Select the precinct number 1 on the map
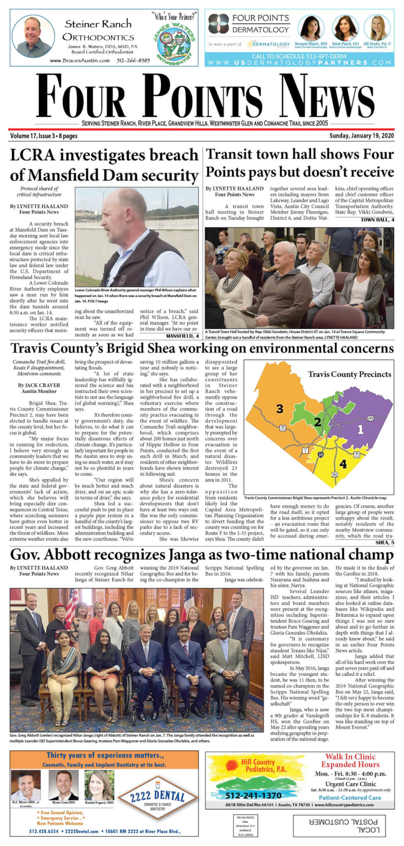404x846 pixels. [x=360, y=429]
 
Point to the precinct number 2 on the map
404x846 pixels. [x=317, y=422]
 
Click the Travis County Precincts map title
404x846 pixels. [x=349, y=374]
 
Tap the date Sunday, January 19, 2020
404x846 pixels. [x=361, y=136]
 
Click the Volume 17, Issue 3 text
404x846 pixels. [x=43, y=136]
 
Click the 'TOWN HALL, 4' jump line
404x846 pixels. [x=378, y=220]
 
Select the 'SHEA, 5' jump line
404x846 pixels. [x=385, y=542]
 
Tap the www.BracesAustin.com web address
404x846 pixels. [x=80, y=60]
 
